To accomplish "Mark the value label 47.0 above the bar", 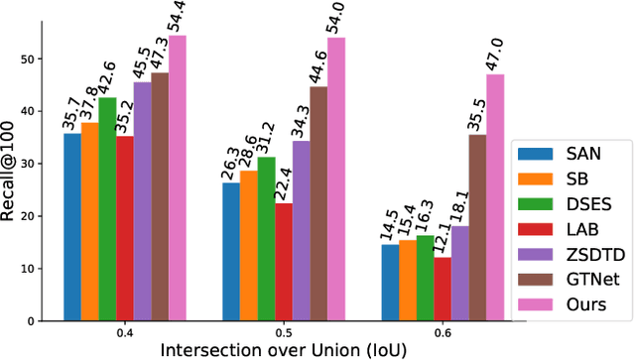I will pyautogui.click(x=495, y=52).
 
